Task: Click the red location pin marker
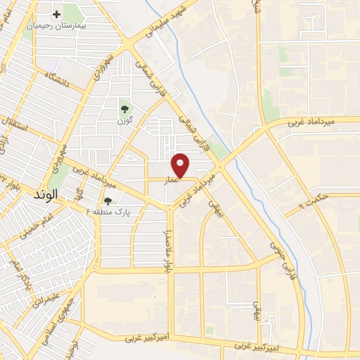pos(181,165)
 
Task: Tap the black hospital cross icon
pos(56,14)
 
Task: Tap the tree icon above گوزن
pos(124,108)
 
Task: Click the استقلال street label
pos(15,127)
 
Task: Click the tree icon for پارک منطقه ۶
pos(108,200)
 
